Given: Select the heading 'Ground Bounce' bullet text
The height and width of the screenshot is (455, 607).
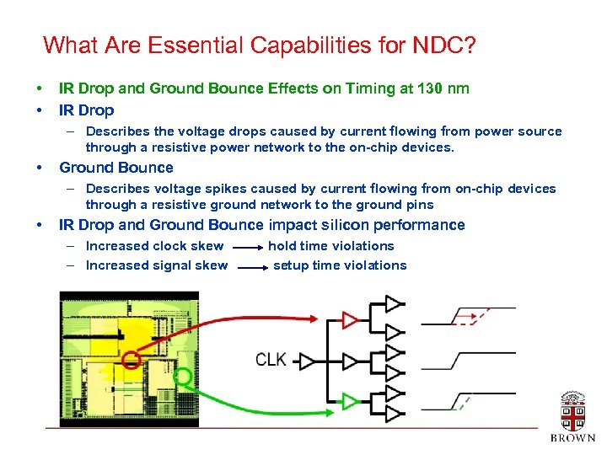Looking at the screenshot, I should coord(115,168).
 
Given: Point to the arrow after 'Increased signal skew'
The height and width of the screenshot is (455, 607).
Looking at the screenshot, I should coord(250,268).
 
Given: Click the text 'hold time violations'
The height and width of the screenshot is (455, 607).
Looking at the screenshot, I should coord(330,246).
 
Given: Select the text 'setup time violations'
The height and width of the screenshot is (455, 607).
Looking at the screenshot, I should coord(340,265).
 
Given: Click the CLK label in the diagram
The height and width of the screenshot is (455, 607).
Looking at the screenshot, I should coord(271,360).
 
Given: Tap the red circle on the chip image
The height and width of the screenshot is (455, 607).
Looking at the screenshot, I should coord(131,361).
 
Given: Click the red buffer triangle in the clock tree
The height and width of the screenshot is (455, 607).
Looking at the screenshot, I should coord(350,319).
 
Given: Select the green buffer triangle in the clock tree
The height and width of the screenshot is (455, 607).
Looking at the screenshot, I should coord(350,401).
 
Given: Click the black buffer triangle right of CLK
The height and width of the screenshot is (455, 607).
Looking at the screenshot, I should coord(307,361).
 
